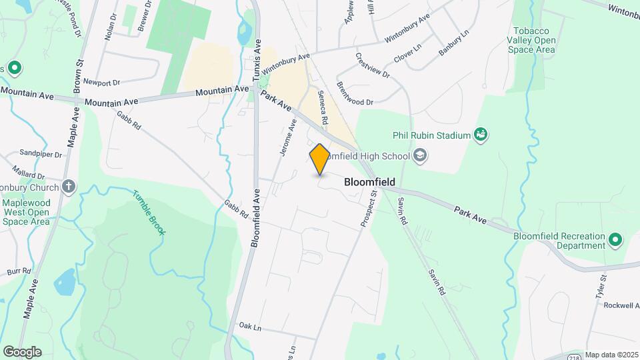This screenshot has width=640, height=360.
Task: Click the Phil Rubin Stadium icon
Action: [479, 135]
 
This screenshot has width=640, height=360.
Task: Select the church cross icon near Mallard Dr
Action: [69, 187]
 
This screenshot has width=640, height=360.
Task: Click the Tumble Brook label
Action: [149, 213]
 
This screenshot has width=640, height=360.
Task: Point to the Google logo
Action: [22, 352]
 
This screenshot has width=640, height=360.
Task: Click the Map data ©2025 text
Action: [611, 355]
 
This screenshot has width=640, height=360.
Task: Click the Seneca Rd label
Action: [323, 108]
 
